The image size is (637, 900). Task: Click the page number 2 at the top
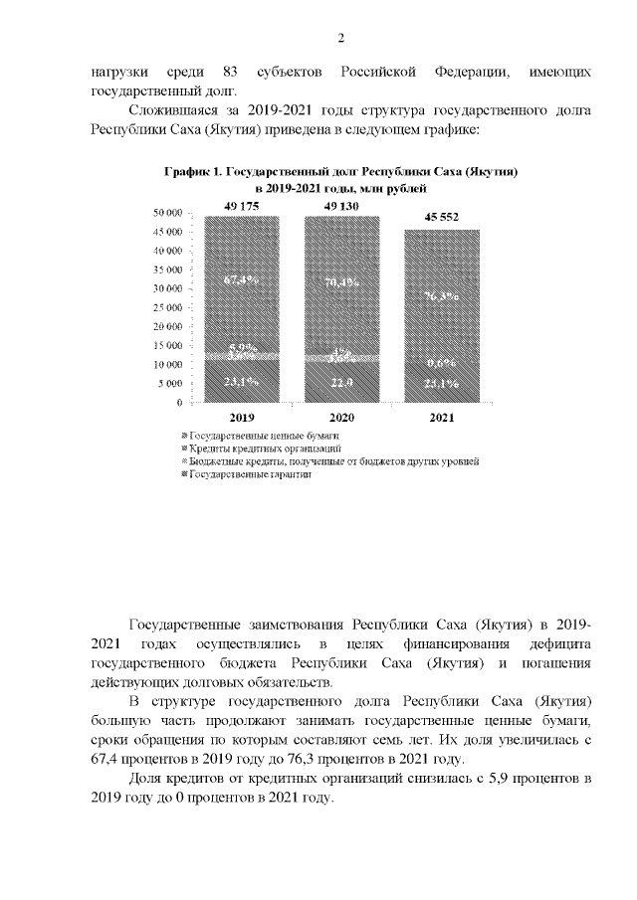(x=340, y=38)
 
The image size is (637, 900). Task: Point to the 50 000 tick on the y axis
(x=167, y=213)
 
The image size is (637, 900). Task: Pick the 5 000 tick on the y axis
(x=170, y=383)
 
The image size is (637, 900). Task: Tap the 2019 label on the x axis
(x=243, y=419)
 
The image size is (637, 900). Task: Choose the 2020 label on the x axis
(x=341, y=419)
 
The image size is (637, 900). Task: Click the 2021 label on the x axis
(x=442, y=419)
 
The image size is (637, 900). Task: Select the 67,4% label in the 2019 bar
(x=243, y=279)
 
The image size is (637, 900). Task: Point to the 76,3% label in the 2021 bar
(x=442, y=296)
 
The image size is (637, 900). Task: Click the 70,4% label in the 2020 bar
(x=341, y=281)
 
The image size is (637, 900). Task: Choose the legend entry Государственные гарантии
(x=249, y=474)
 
